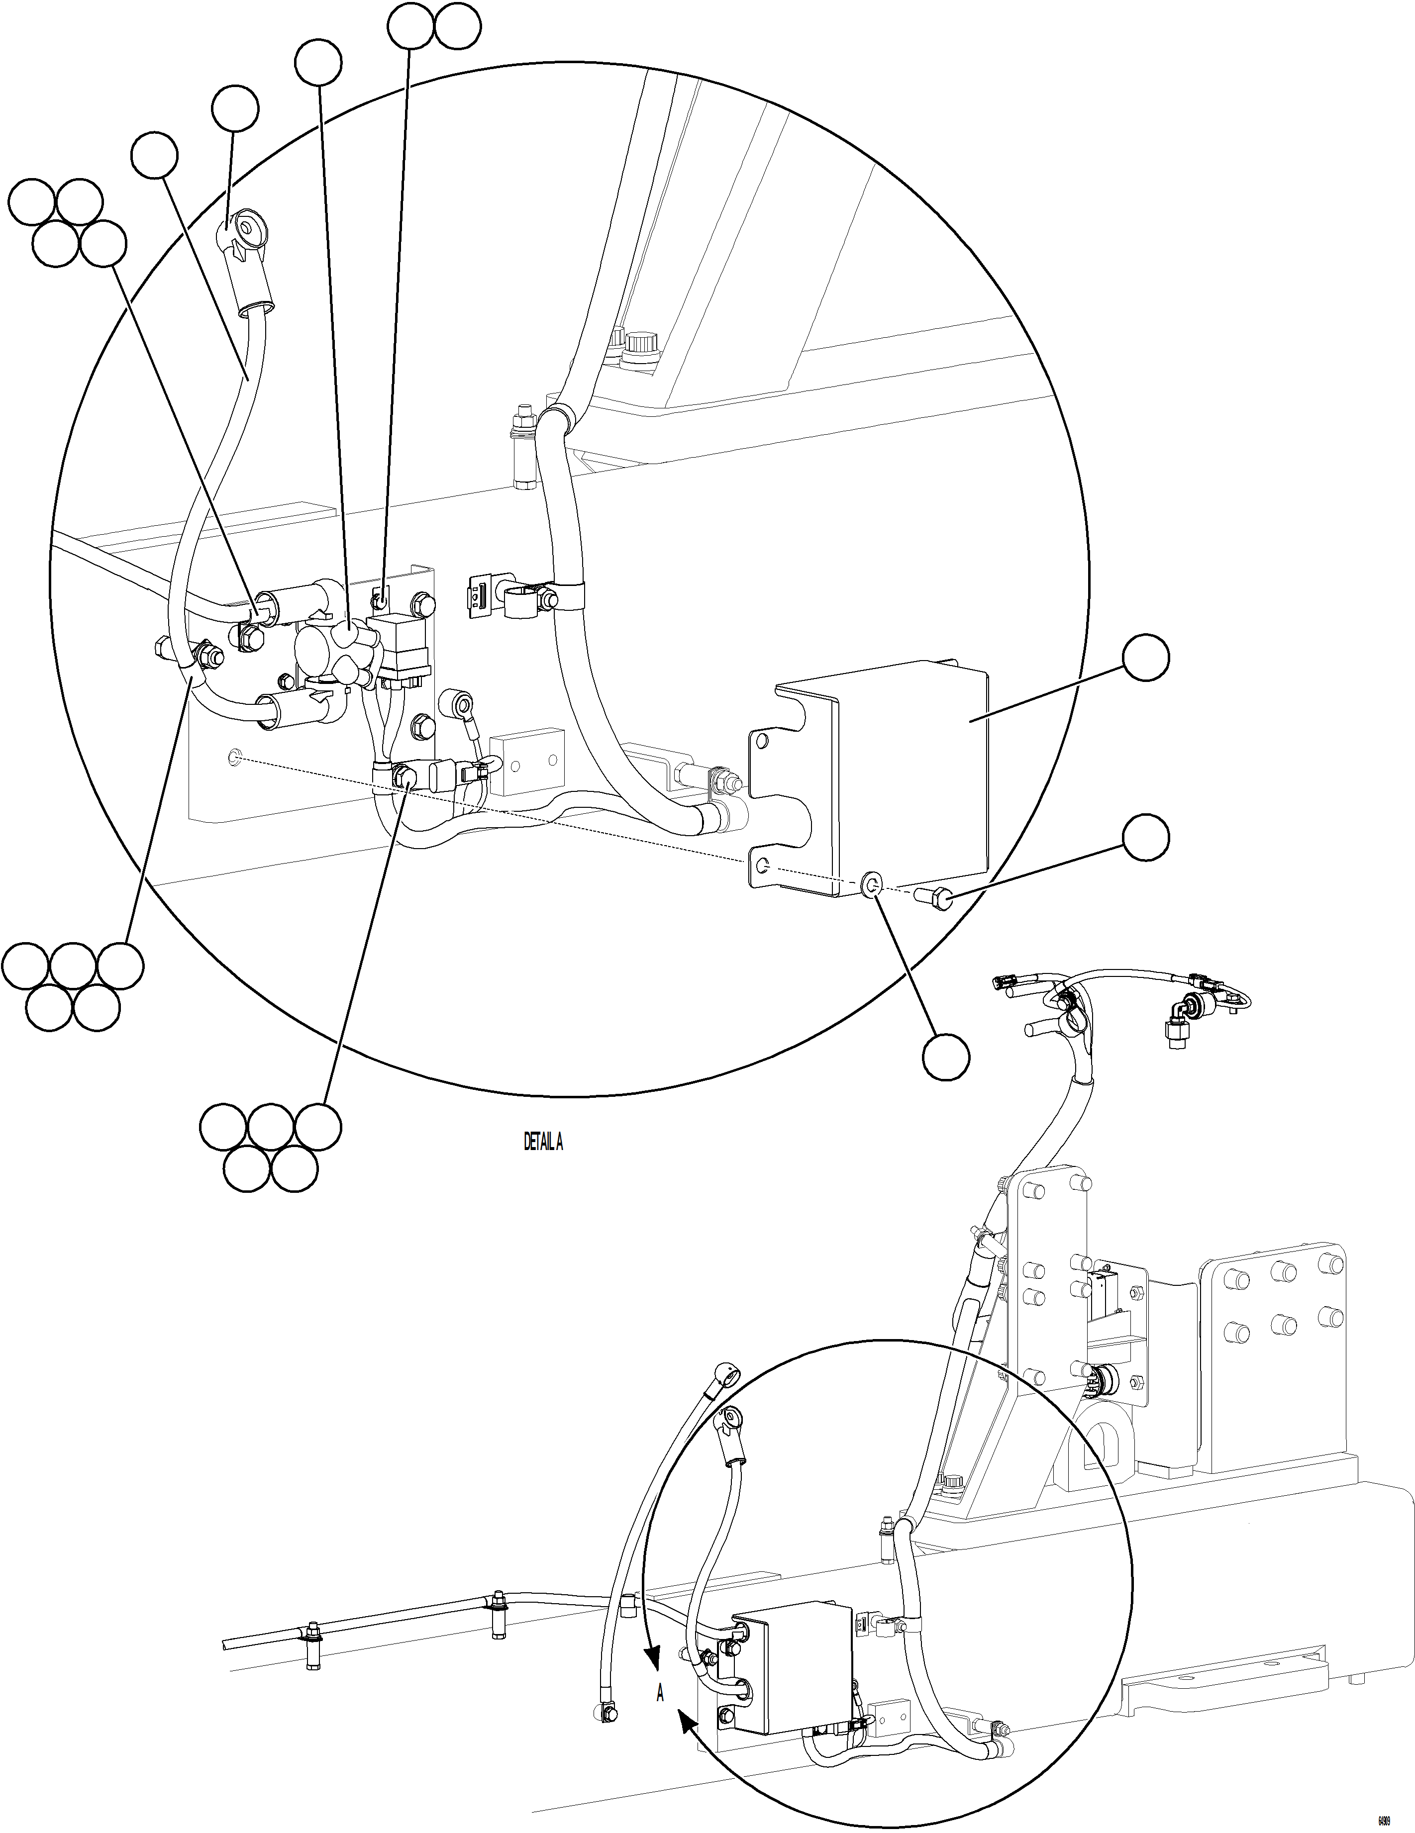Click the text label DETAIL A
[543, 1142]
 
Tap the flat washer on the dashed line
[870, 883]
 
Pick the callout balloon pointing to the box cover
[1146, 659]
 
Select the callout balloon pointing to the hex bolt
[1146, 837]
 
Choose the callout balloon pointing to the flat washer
[946, 1056]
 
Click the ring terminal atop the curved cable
[246, 228]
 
